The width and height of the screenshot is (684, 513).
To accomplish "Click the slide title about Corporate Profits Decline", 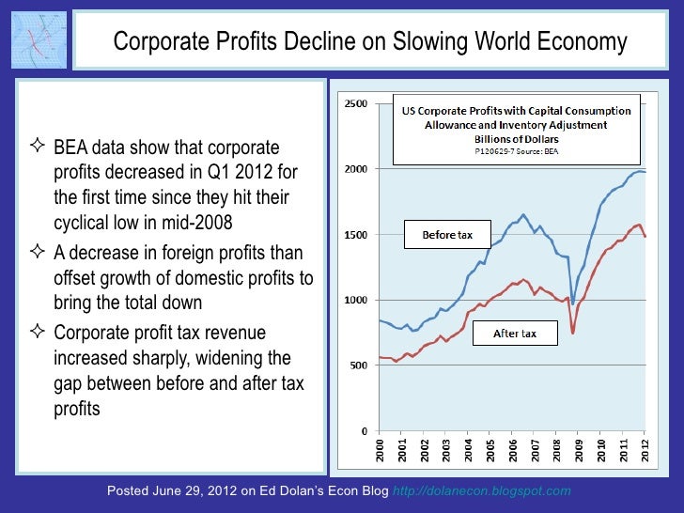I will point(369,42).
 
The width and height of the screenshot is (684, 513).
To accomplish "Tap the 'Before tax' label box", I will point(447,235).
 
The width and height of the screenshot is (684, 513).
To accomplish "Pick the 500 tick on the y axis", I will point(358,365).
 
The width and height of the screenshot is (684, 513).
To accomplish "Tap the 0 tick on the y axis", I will point(364,431).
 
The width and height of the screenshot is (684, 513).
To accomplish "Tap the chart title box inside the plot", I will point(516,129).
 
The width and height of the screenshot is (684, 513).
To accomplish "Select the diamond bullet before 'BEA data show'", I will point(39,148).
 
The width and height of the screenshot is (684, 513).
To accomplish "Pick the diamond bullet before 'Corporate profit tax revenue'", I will point(39,333).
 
